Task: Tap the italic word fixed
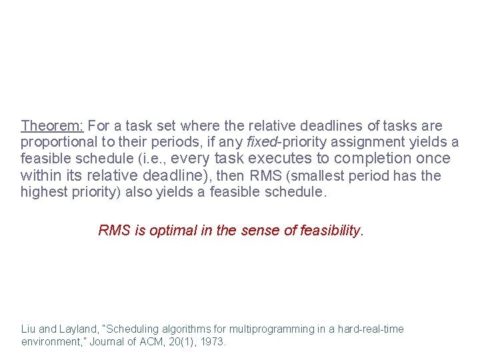tap(261, 142)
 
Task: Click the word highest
tap(44, 193)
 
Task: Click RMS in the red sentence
tap(113, 231)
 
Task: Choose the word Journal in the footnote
tap(121, 342)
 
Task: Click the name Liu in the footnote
tap(29, 329)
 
